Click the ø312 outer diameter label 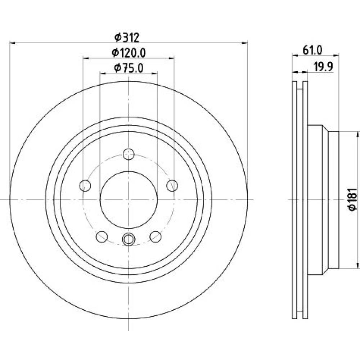127,37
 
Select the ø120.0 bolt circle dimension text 129,53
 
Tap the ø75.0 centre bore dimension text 129,68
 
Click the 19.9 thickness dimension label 323,67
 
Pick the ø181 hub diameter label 353,199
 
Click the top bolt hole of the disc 129,154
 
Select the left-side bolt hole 85,185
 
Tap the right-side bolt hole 172,185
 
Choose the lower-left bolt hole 102,237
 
